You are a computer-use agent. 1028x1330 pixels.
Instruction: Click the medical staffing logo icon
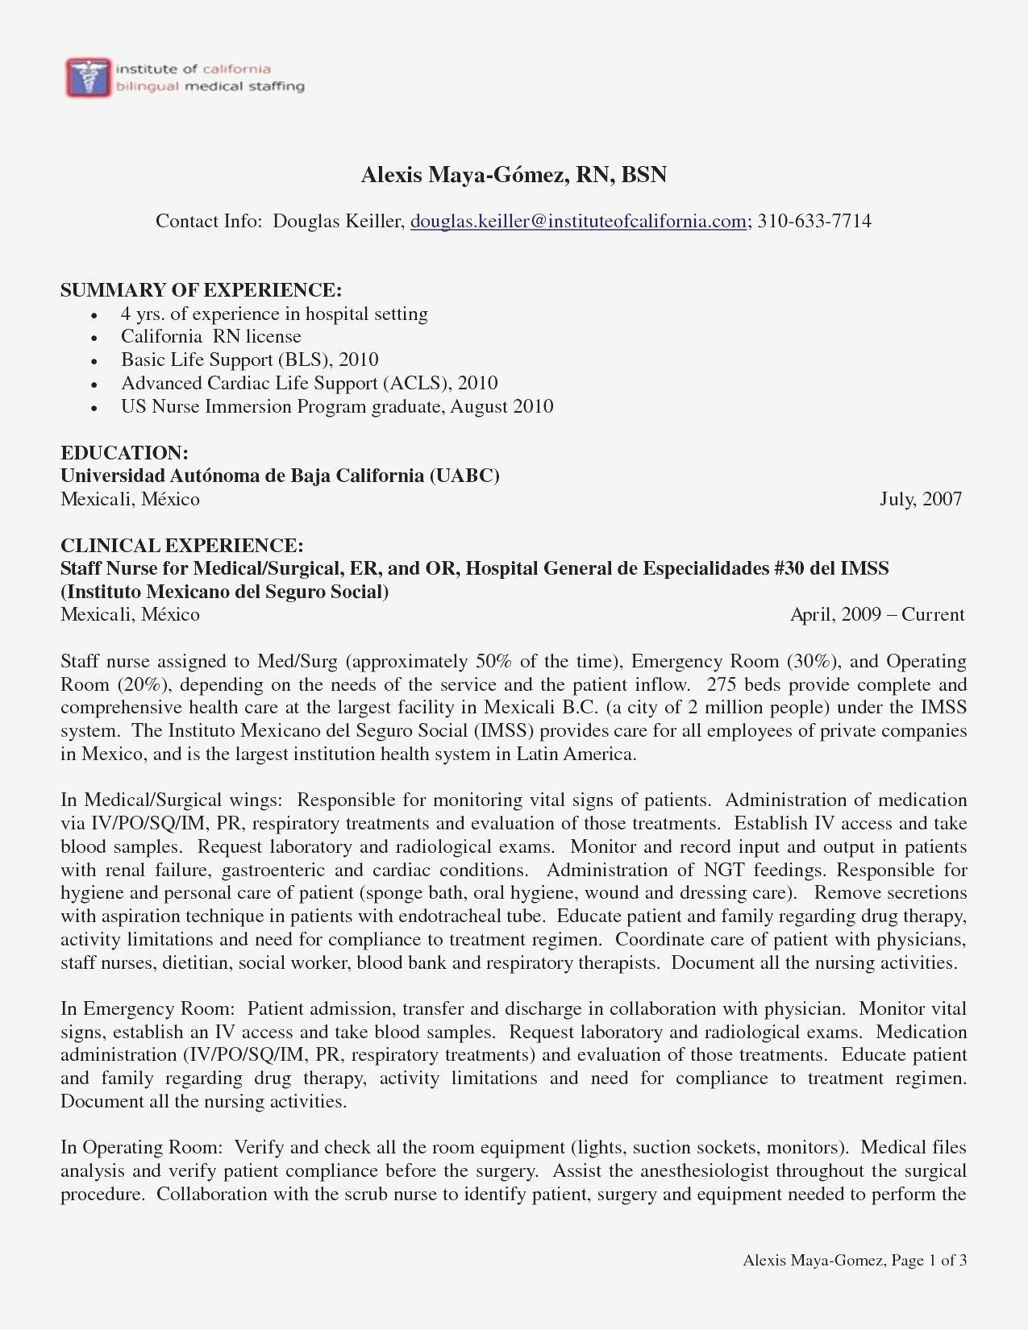[88, 77]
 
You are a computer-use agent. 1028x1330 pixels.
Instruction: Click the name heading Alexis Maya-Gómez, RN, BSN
[514, 174]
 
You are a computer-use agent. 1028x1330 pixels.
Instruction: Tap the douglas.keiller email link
[578, 221]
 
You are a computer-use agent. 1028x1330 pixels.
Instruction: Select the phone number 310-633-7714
[814, 221]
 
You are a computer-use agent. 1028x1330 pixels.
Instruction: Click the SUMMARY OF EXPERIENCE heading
[201, 290]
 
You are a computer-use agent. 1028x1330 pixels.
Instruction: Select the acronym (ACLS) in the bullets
[414, 383]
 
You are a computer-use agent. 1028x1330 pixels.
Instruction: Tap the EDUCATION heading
[124, 453]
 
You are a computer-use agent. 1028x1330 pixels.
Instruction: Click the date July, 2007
[921, 499]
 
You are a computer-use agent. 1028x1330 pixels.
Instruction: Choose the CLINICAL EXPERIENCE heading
[181, 546]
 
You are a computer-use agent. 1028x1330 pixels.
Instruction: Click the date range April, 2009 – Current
[877, 615]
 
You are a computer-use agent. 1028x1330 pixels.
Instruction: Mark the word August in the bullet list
[480, 406]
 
